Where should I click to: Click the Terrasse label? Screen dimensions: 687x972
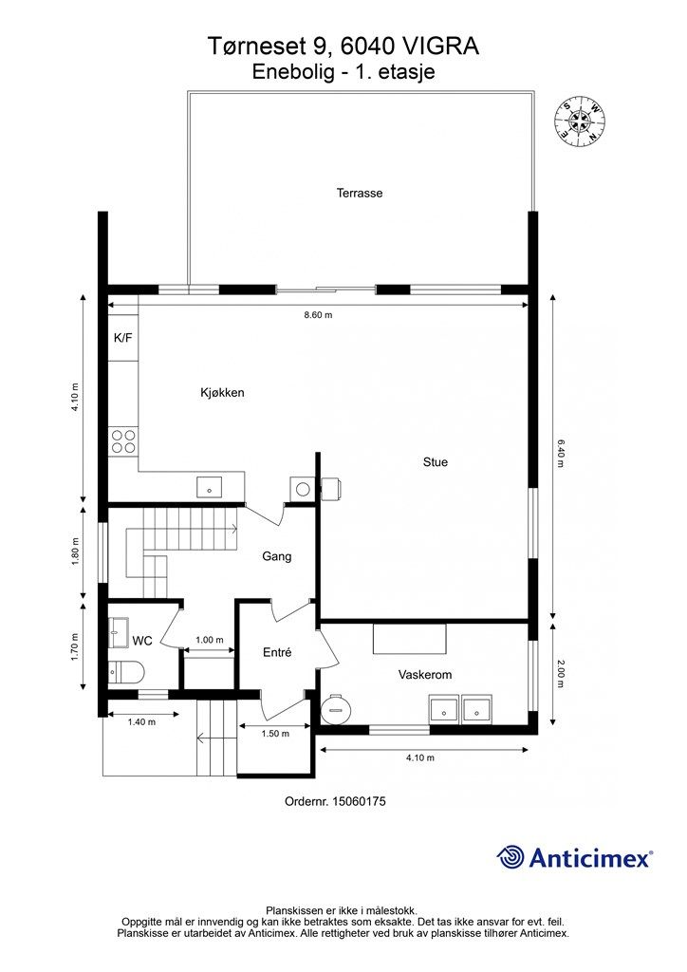click(360, 193)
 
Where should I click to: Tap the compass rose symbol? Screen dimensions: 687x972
click(579, 121)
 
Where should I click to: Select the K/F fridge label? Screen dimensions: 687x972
click(122, 338)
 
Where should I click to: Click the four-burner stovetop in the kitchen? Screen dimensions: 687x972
click(123, 441)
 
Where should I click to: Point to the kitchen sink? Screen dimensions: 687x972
click(210, 488)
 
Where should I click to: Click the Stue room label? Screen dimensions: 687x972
click(435, 462)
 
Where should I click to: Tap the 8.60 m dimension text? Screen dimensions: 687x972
click(318, 315)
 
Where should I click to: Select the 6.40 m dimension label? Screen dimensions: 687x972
click(560, 453)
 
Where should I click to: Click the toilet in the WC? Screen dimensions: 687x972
click(126, 671)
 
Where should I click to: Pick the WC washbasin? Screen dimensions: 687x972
click(119, 632)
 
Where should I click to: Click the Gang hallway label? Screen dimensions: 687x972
click(276, 556)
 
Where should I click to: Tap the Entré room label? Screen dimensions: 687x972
click(277, 652)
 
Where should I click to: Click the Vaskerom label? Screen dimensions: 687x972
click(425, 675)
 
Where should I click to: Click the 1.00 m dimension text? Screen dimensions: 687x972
click(210, 640)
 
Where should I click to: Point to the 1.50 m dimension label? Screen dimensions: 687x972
click(275, 734)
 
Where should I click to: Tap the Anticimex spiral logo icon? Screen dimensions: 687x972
click(511, 857)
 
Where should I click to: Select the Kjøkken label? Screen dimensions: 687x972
click(222, 392)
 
